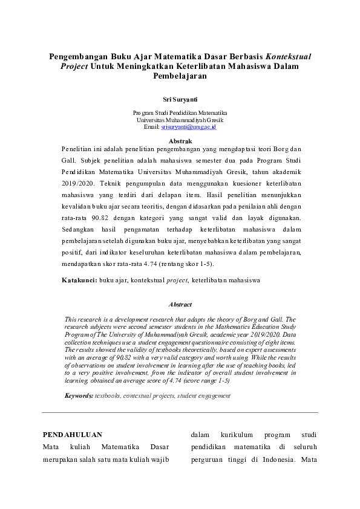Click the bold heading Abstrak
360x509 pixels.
click(x=180, y=140)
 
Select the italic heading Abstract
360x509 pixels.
click(x=180, y=305)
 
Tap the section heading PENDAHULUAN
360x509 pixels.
click(x=72, y=435)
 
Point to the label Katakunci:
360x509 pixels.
click(x=79, y=280)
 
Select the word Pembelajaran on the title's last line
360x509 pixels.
click(x=180, y=77)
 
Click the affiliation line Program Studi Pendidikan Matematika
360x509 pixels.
click(x=180, y=113)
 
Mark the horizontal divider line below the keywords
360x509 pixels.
click(x=180, y=412)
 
